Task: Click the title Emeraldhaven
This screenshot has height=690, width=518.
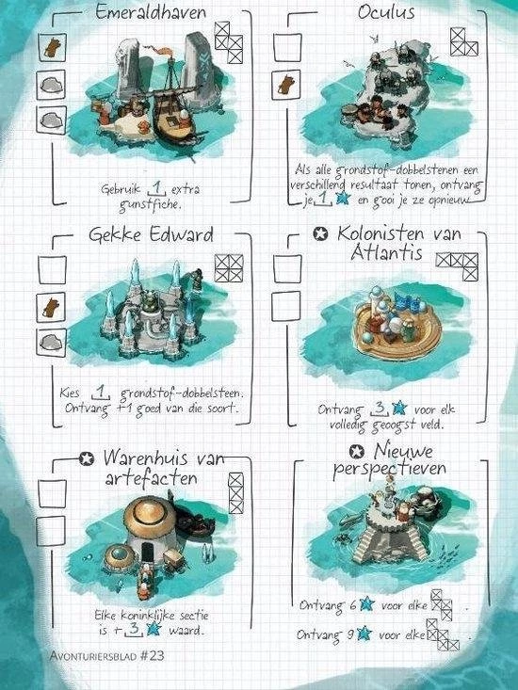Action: point(151,11)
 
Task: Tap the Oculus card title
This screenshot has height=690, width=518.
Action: point(386,12)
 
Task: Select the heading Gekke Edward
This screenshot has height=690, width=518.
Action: point(151,234)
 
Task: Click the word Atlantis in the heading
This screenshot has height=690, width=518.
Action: point(386,253)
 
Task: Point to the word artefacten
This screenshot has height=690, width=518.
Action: point(151,478)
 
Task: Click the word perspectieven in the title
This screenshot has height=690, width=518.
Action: point(389,469)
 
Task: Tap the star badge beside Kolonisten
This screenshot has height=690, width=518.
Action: point(320,233)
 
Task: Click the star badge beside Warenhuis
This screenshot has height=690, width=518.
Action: point(87,459)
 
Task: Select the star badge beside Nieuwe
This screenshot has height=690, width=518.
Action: point(357,452)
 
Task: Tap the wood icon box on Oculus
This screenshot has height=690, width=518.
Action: point(286,85)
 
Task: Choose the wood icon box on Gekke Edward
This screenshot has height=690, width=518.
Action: point(51,307)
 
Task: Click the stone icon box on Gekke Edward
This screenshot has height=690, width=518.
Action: point(52,343)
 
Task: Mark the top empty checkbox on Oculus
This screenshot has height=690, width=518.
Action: point(287,47)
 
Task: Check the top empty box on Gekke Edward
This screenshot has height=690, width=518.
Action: point(52,270)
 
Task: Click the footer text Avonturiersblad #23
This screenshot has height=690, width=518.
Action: point(107,656)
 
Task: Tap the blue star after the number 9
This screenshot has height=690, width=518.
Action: point(364,634)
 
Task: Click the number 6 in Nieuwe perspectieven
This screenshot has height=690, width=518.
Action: point(353,605)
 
